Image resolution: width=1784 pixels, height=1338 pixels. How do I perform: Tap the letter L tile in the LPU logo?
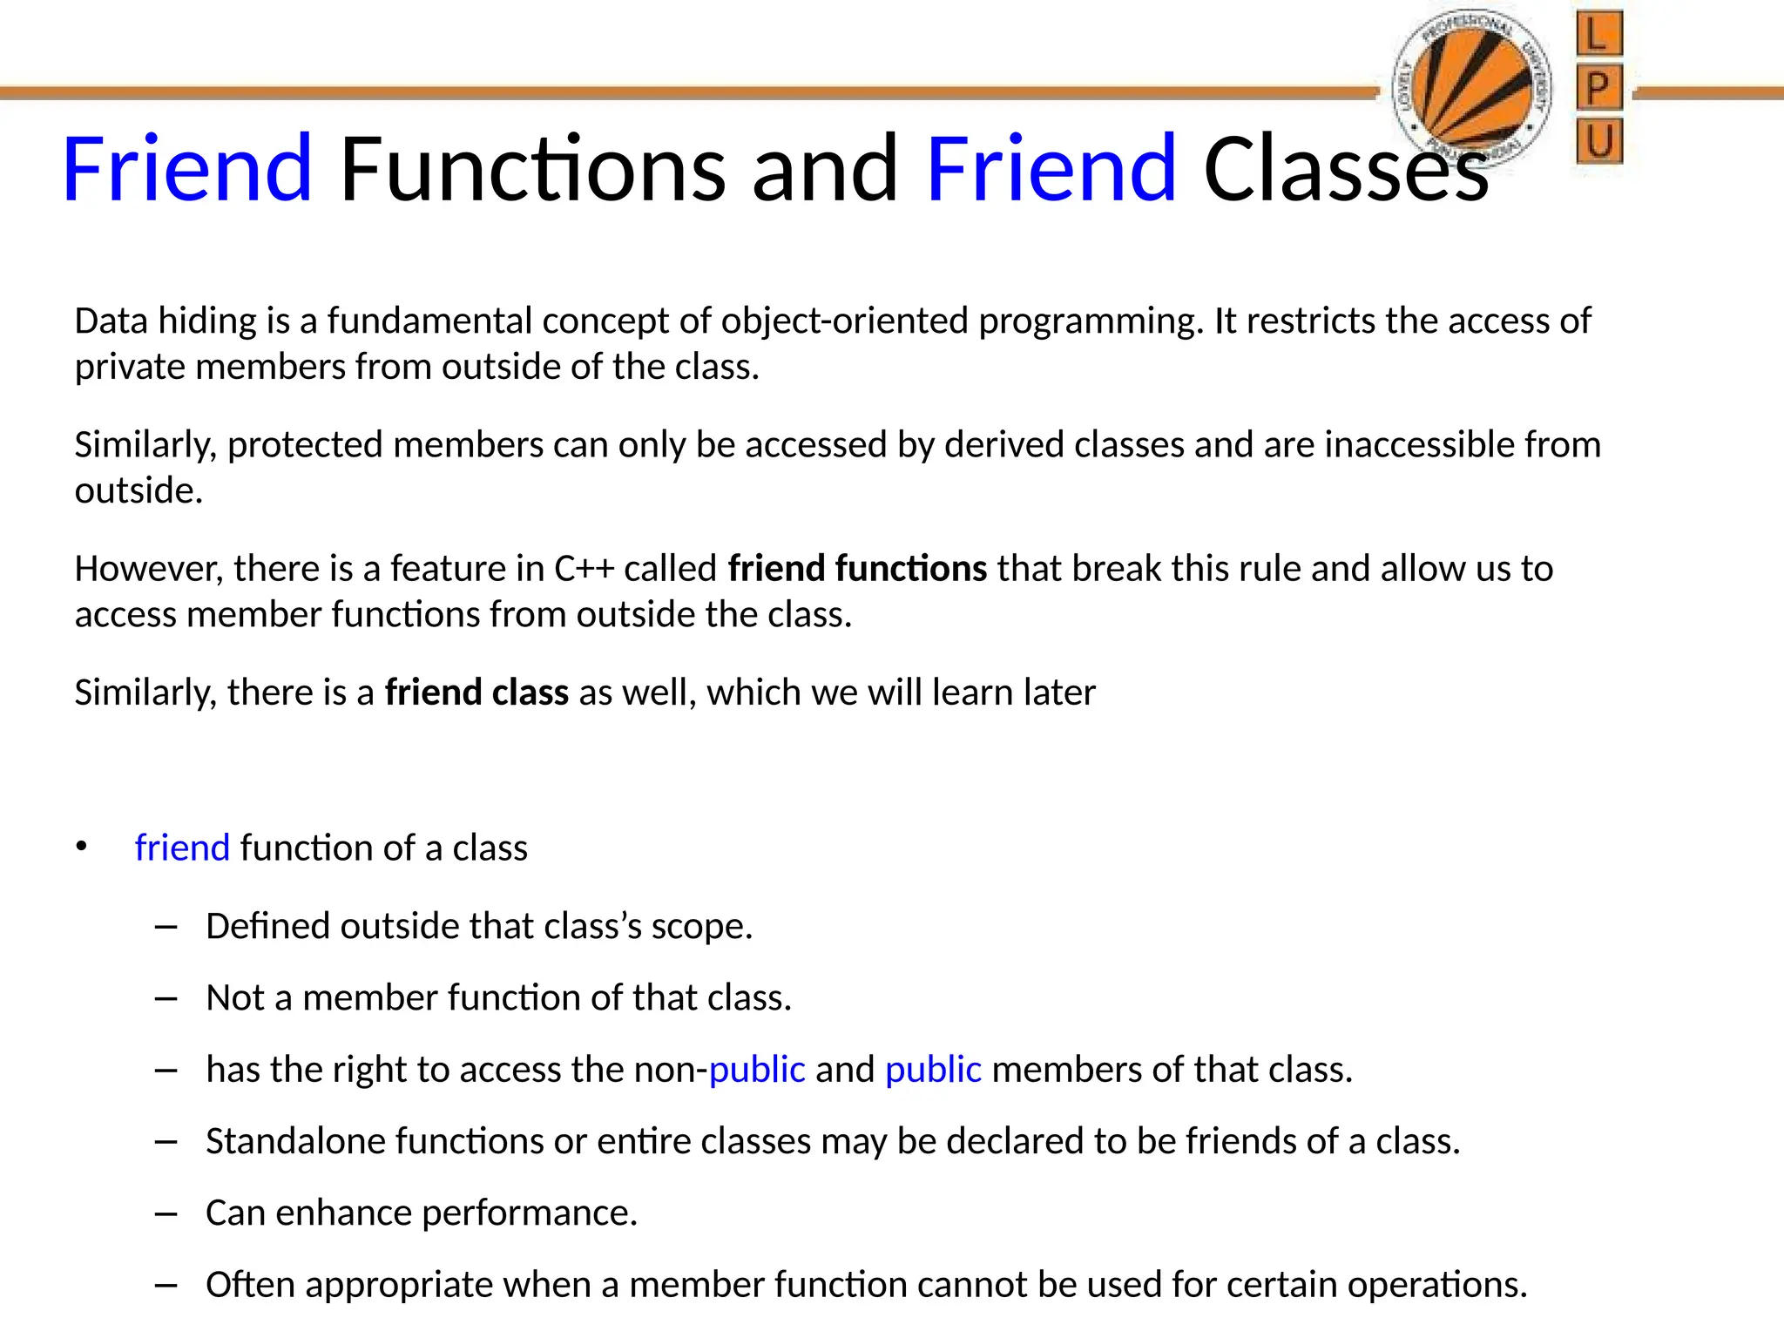coord(1598,36)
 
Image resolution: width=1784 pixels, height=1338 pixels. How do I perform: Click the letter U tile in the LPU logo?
coord(1598,141)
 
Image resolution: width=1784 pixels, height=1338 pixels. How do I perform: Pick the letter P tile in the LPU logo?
coord(1598,88)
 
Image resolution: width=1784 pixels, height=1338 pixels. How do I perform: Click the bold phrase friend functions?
coord(857,569)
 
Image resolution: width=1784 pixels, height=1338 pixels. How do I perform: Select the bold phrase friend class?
coord(476,693)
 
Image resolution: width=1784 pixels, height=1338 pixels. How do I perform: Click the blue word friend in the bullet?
coord(182,848)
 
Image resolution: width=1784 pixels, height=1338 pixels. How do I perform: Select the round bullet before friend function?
coord(82,847)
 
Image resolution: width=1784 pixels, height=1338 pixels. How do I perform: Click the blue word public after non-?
coord(757,1070)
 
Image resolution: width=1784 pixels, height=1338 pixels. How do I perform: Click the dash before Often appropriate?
coord(166,1285)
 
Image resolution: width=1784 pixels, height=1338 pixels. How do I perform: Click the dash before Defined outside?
coord(166,926)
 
